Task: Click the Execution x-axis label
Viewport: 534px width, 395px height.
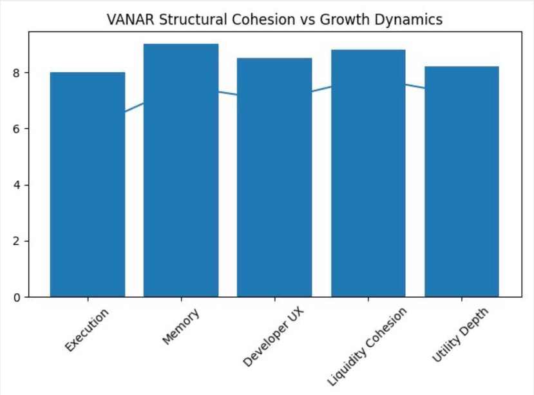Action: point(87,330)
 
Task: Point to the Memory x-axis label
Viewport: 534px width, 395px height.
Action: point(181,326)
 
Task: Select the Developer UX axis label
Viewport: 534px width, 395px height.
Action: point(274,336)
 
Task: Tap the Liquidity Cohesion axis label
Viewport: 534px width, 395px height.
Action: point(368,346)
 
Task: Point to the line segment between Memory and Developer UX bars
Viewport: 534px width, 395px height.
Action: point(227,93)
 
